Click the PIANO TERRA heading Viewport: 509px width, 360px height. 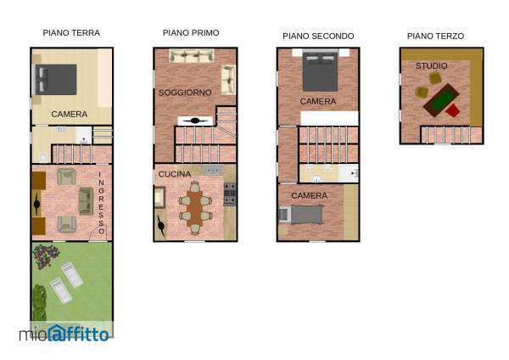click(x=71, y=33)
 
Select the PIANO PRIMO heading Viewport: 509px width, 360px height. click(x=191, y=33)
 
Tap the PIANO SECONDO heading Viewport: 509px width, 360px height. click(x=318, y=36)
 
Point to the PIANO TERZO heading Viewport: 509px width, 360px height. click(x=436, y=36)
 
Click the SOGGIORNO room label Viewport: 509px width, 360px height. click(x=185, y=93)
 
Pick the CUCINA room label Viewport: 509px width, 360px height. click(x=175, y=174)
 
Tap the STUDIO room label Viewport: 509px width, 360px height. click(x=432, y=66)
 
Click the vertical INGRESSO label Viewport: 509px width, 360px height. click(x=101, y=203)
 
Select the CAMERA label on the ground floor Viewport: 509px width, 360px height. click(x=70, y=114)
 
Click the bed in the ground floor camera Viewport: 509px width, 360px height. click(x=56, y=80)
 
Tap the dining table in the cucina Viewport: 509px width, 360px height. click(x=194, y=208)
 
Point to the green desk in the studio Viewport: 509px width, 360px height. click(x=441, y=99)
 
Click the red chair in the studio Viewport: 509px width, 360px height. click(x=453, y=110)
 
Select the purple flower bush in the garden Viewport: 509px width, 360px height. click(x=46, y=256)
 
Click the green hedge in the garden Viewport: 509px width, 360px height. click(x=39, y=302)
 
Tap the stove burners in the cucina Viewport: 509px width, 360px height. click(x=230, y=194)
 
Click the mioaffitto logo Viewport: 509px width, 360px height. click(x=64, y=334)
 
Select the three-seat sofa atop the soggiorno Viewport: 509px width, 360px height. click(x=192, y=55)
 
